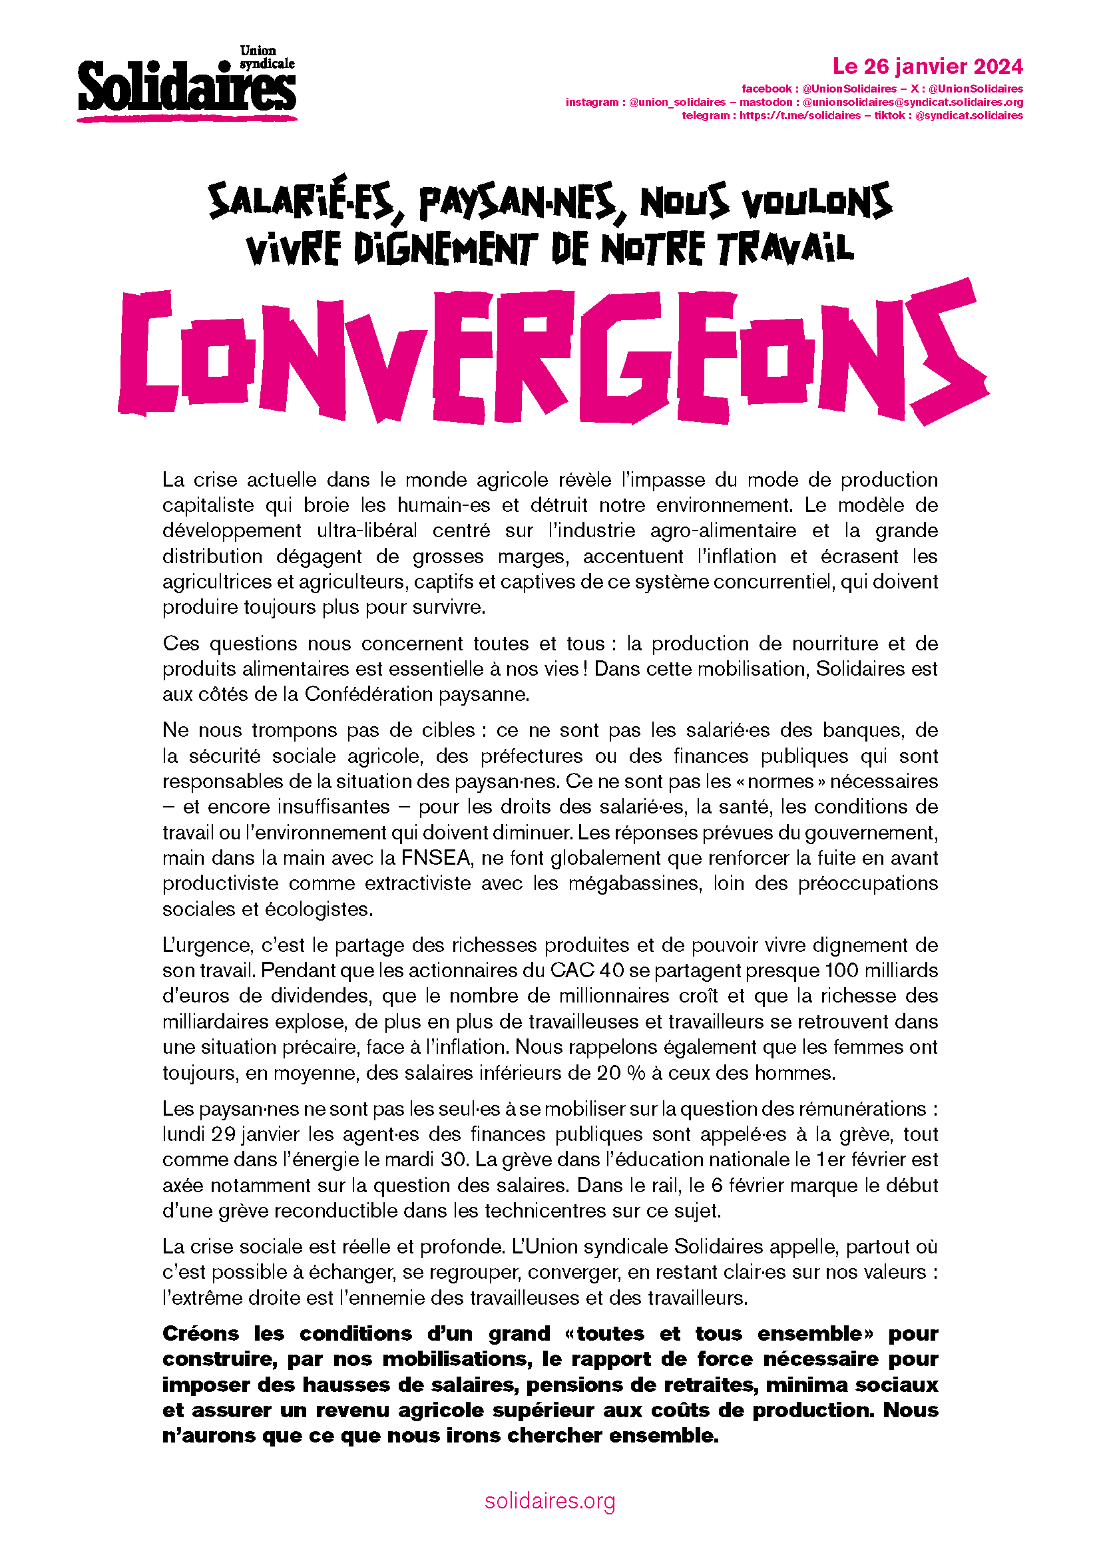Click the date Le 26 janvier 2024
coord(927,67)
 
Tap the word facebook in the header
coord(766,89)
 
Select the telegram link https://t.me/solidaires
coord(799,116)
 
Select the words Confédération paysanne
coord(416,694)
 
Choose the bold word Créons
coord(200,1333)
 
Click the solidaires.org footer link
coord(550,1500)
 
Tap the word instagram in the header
coord(592,103)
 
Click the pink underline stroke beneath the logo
coord(186,118)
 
